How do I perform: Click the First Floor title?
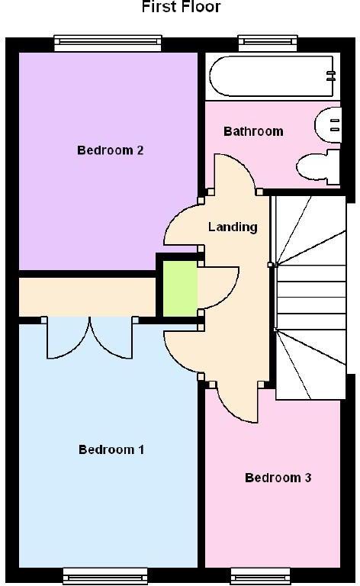pyautogui.click(x=181, y=6)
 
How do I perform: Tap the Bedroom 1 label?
pyautogui.click(x=111, y=449)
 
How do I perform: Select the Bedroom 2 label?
pyautogui.click(x=110, y=150)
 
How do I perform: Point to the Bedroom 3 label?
pyautogui.click(x=278, y=477)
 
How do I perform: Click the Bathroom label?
pyautogui.click(x=253, y=131)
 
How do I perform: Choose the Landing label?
pyautogui.click(x=233, y=227)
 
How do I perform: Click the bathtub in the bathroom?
pyautogui.click(x=272, y=76)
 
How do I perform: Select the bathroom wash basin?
pyautogui.click(x=328, y=125)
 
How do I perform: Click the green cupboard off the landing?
pyautogui.click(x=180, y=288)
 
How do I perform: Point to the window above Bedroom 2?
pyautogui.click(x=108, y=43)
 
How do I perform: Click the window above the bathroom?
pyautogui.click(x=268, y=43)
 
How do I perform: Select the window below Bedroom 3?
pyautogui.click(x=260, y=576)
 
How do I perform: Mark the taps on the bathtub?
pyautogui.click(x=331, y=76)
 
